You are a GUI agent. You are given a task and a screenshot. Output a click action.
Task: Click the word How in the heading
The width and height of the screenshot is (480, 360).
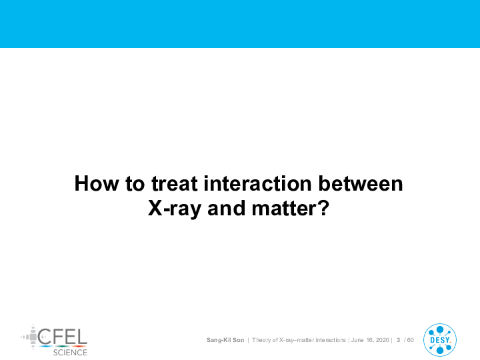(x=97, y=184)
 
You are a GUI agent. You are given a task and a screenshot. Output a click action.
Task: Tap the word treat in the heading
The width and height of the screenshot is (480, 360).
(x=175, y=184)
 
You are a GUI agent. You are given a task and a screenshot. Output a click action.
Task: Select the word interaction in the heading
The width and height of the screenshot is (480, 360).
(x=258, y=184)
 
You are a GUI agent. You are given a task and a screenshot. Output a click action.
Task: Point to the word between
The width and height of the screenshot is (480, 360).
(x=361, y=184)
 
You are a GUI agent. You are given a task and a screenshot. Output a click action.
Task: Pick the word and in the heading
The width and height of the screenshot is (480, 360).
(x=227, y=209)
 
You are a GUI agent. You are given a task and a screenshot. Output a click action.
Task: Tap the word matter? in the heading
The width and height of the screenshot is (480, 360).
(x=291, y=209)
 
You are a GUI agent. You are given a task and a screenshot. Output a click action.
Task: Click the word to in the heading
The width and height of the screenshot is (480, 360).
(x=135, y=184)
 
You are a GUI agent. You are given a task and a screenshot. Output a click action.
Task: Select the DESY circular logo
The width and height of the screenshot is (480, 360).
(x=440, y=340)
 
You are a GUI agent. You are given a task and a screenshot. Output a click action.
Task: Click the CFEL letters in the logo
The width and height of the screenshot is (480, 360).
(x=63, y=337)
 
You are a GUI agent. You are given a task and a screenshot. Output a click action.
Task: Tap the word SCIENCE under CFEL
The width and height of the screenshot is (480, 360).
(x=70, y=353)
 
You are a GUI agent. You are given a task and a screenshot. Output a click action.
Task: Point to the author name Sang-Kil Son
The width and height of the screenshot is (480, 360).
(x=225, y=340)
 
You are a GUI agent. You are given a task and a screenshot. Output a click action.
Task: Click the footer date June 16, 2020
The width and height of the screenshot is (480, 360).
(x=370, y=340)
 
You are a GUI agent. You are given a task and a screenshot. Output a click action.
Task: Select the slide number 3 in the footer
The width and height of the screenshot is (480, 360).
(x=398, y=340)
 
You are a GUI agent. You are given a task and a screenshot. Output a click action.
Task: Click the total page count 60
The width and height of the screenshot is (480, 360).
(x=410, y=340)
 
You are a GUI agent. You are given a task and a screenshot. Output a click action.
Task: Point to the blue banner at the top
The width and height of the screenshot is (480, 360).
(x=240, y=24)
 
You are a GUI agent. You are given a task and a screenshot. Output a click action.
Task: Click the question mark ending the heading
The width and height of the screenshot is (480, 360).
(x=324, y=208)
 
